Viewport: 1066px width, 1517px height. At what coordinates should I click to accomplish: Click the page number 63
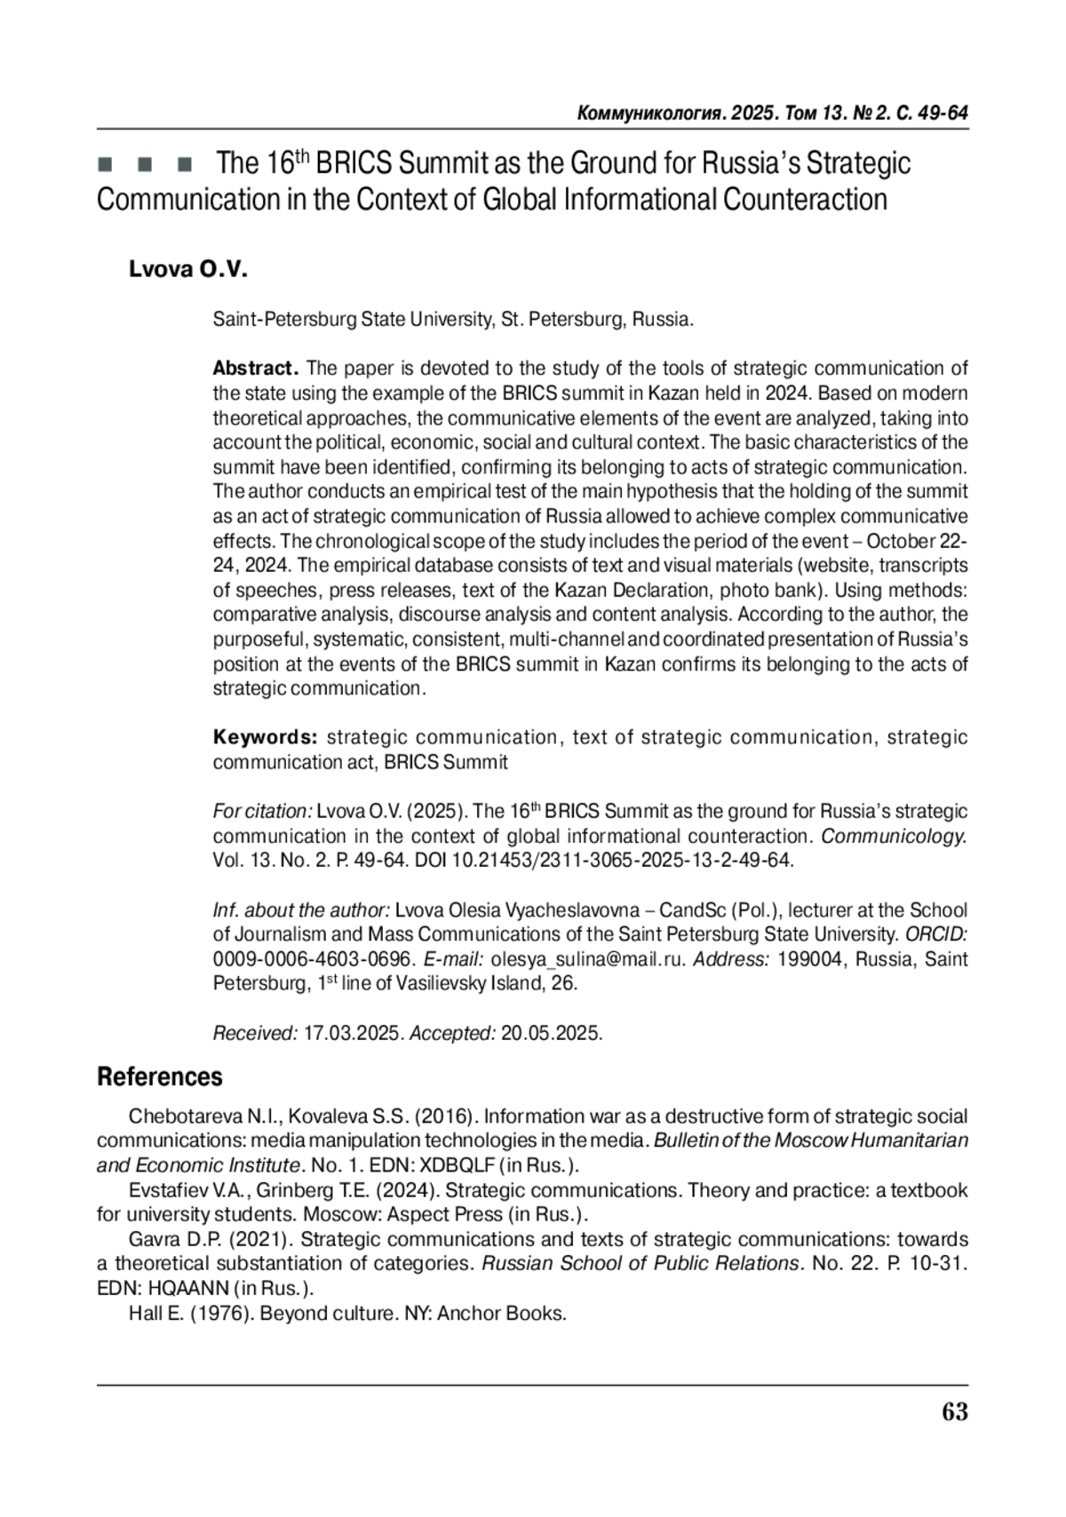(x=954, y=1411)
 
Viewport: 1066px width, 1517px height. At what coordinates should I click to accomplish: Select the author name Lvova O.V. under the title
(x=187, y=270)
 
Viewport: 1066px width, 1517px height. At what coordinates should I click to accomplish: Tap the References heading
(x=160, y=1076)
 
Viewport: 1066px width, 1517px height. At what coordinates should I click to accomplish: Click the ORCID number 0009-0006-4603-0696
(x=313, y=959)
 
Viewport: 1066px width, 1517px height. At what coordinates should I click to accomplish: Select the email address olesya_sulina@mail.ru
(x=588, y=959)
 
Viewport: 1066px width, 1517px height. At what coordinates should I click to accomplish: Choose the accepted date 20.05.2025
(x=551, y=1033)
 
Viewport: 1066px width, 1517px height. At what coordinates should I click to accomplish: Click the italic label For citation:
(x=262, y=811)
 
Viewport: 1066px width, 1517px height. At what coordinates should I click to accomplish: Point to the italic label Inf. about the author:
(x=301, y=910)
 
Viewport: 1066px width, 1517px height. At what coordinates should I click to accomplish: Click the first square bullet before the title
(x=105, y=165)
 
